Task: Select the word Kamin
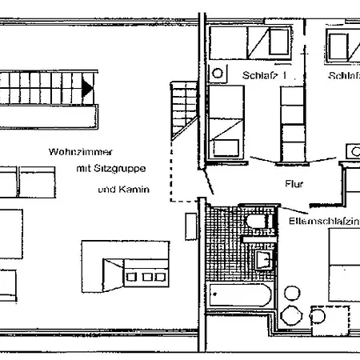pyautogui.click(x=137, y=190)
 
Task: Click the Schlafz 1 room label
pyautogui.click(x=262, y=75)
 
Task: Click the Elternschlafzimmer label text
pyautogui.click(x=319, y=219)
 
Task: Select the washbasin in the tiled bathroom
pyautogui.click(x=261, y=259)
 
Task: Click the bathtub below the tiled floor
pyautogui.click(x=238, y=295)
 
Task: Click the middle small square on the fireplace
pyautogui.click(x=147, y=276)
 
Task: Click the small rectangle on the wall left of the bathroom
pyautogui.click(x=191, y=225)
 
